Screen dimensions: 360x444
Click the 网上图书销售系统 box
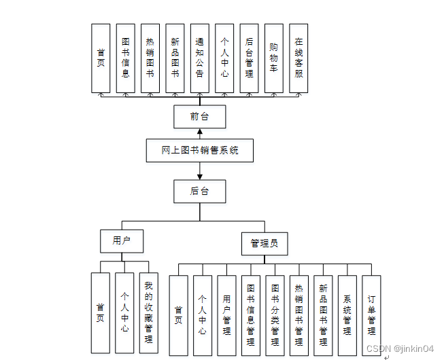tap(200, 151)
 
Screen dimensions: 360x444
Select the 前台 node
tap(200, 117)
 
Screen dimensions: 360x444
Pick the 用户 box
tap(122, 240)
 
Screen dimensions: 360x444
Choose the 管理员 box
tap(264, 243)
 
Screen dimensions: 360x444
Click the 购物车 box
tap(273, 58)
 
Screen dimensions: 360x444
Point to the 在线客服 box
tap(298, 58)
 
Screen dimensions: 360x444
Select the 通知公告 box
tap(200, 58)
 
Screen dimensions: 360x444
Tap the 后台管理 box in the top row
tap(249, 58)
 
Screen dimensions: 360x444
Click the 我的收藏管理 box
tap(148, 312)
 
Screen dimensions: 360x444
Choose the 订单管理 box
tap(371, 315)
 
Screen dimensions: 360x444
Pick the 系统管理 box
tap(347, 315)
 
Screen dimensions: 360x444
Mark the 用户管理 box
tap(226, 315)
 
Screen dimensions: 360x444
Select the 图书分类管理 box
tap(275, 315)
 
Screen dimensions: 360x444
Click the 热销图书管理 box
tap(298, 315)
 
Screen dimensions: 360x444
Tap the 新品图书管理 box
tap(323, 315)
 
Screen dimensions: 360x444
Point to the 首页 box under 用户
tap(100, 312)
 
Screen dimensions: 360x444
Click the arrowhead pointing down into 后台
tap(200, 177)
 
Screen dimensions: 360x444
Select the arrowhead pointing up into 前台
tap(200, 132)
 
